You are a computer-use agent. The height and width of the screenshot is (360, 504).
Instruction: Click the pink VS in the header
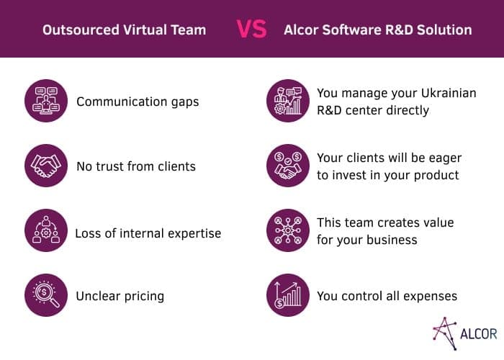[x=251, y=30]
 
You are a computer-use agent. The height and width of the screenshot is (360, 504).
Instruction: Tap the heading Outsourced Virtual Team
[x=124, y=30]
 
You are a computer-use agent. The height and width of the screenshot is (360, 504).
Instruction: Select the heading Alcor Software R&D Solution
[x=378, y=30]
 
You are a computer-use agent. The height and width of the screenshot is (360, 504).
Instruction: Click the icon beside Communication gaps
[x=46, y=101]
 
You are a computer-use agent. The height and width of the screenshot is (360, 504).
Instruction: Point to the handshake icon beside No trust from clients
[x=46, y=166]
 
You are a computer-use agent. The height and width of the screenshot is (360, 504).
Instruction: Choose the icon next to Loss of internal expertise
[x=46, y=230]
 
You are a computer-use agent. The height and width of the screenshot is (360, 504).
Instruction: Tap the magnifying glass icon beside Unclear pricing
[x=46, y=295]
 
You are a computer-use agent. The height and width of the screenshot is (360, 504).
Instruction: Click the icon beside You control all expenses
[x=288, y=295]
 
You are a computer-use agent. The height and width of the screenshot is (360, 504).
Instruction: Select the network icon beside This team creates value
[x=288, y=230]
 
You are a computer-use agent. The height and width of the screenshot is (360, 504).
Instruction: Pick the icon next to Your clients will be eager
[x=288, y=166]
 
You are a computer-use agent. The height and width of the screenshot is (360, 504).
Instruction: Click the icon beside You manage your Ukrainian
[x=288, y=101]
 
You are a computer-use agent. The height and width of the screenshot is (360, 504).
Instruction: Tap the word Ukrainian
[x=449, y=93]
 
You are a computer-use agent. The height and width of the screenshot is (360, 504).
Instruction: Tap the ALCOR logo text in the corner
[x=479, y=334]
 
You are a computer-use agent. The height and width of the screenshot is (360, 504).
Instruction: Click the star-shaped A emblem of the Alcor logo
[x=445, y=333]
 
